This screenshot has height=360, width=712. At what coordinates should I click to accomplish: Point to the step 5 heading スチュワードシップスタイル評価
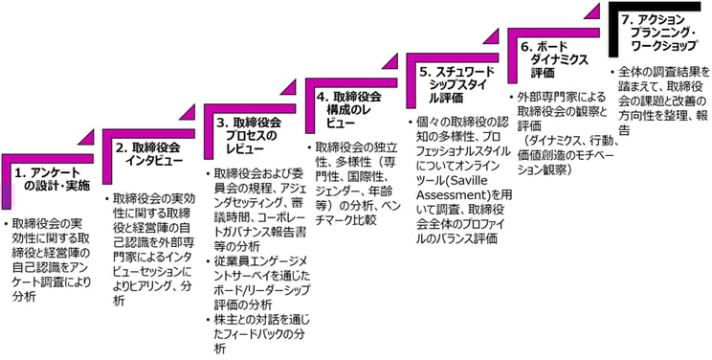tap(453, 78)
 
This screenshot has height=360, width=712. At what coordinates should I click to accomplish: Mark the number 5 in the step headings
tap(424, 70)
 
